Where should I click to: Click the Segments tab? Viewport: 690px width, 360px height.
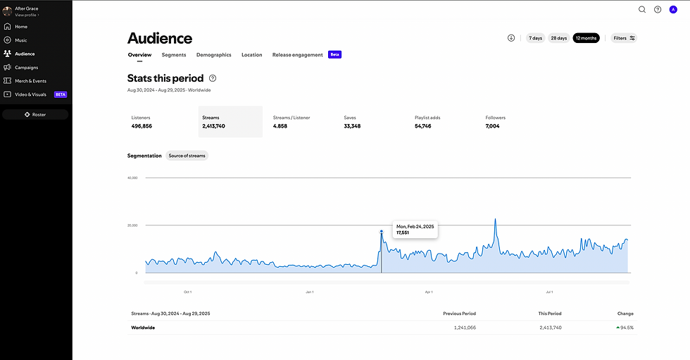[174, 55]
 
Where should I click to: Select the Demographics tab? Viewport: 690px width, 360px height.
[213, 55]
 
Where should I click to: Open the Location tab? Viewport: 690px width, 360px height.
[251, 55]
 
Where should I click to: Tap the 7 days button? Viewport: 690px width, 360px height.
[536, 38]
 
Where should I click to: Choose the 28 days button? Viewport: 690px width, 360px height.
[559, 38]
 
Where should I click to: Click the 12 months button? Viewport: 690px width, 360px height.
[586, 38]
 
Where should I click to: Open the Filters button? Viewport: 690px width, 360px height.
[624, 38]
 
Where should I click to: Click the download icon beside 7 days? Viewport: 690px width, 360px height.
[511, 38]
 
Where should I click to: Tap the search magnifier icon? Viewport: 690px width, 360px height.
[642, 10]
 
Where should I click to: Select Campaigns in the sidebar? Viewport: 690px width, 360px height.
[27, 68]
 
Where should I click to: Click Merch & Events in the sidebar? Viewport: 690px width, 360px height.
[30, 81]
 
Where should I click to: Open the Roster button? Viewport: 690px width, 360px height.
[35, 114]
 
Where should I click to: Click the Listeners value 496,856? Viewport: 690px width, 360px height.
[142, 126]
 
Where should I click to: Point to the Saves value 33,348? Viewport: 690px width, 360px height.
[352, 126]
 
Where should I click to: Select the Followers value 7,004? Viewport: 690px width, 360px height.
[492, 126]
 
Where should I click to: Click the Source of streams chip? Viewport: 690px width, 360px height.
[187, 156]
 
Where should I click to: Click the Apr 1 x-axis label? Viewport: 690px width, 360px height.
[429, 291]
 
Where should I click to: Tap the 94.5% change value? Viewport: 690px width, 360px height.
[625, 328]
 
